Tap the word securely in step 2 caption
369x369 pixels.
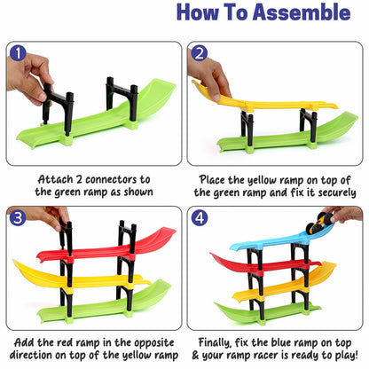(x=312, y=192)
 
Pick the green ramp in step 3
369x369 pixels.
(x=106, y=306)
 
